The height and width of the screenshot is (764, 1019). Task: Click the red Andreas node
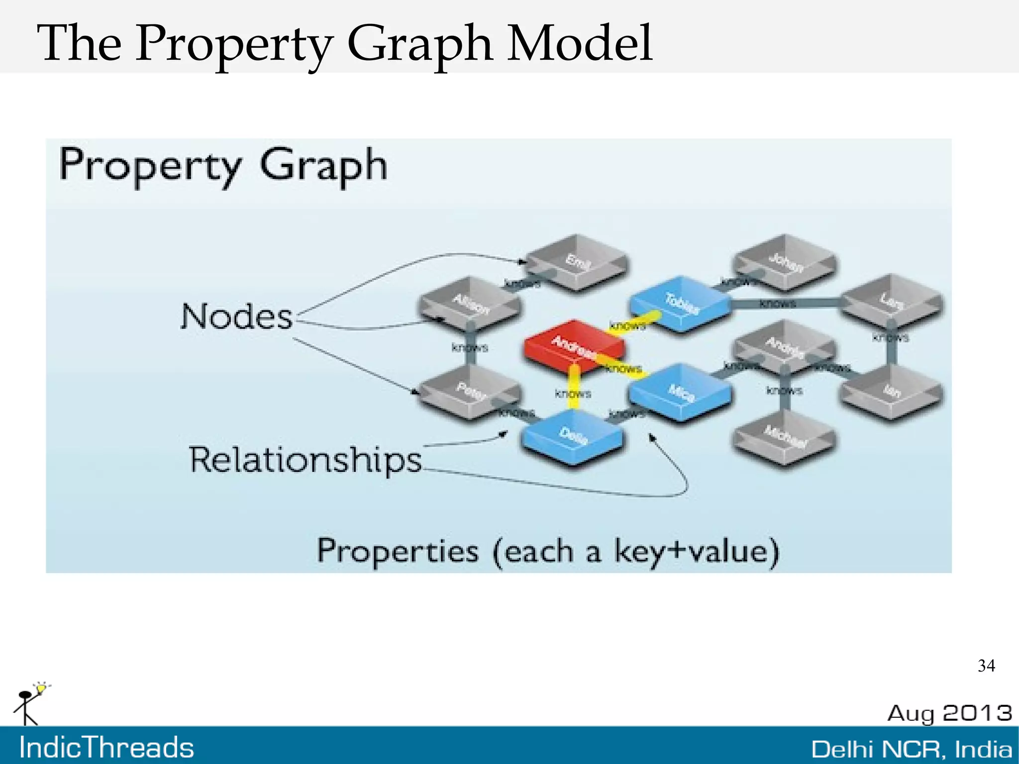pos(573,344)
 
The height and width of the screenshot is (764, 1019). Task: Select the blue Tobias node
pos(680,303)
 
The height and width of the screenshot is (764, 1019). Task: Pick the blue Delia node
pos(572,436)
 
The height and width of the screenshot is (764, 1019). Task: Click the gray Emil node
pos(577,261)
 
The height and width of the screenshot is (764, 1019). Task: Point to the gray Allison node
pos(470,303)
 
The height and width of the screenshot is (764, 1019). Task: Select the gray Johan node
pos(785,261)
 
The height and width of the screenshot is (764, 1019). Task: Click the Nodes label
pos(236,317)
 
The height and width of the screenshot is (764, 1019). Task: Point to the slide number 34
pos(986,666)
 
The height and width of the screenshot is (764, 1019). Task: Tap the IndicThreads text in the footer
pos(106,748)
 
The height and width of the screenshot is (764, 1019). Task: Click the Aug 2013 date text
pos(949,713)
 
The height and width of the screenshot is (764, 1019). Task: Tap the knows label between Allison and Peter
pos(470,347)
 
